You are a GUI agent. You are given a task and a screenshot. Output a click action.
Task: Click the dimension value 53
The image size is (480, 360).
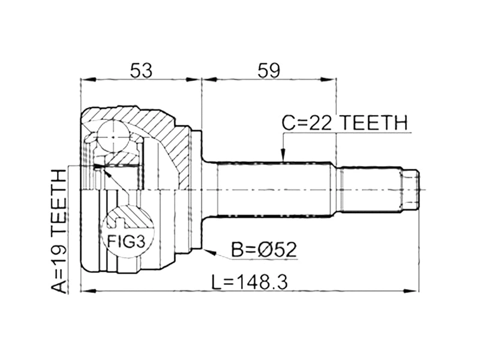coord(141,70)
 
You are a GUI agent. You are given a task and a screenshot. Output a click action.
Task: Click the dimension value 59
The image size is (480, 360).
coord(268,70)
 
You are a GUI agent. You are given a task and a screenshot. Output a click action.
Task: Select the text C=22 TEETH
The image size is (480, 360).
coord(344,123)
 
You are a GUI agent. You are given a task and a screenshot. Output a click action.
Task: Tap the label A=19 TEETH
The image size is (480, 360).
coord(59,231)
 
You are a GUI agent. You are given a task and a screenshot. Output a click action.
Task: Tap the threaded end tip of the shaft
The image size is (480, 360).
coord(409,190)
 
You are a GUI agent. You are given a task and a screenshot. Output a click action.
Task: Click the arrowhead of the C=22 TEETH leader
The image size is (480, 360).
coord(283,157)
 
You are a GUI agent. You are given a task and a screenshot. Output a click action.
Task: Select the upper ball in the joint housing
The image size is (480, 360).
coord(115,137)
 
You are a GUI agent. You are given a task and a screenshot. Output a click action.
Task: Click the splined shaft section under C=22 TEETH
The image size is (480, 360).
coord(273,190)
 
